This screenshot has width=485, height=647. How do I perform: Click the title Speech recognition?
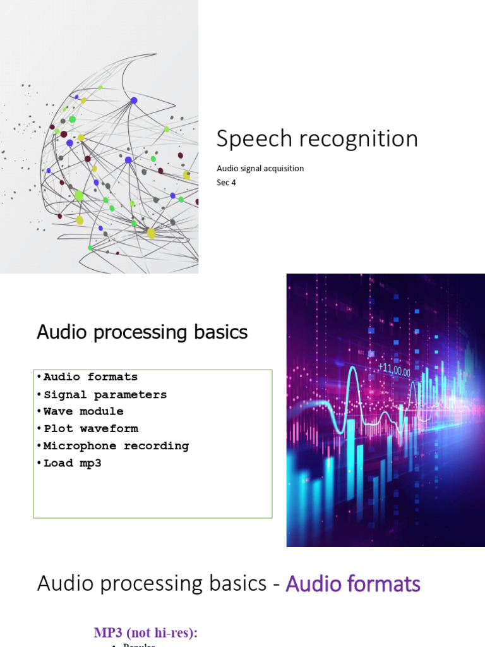(317, 139)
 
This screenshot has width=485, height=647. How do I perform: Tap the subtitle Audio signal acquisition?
(260, 169)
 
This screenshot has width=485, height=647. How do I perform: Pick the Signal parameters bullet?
(105, 395)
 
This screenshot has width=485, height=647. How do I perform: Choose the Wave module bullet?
(83, 411)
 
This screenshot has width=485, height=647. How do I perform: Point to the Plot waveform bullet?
(90, 429)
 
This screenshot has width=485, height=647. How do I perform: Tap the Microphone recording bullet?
(116, 446)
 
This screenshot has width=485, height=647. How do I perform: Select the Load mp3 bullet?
(72, 463)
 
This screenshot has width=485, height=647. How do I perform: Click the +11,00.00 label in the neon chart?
(394, 372)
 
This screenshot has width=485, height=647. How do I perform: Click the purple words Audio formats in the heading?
(353, 584)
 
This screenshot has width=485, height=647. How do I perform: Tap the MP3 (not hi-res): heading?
(150, 632)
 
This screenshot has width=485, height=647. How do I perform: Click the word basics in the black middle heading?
(220, 332)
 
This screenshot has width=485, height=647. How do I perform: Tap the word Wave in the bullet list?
(57, 411)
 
